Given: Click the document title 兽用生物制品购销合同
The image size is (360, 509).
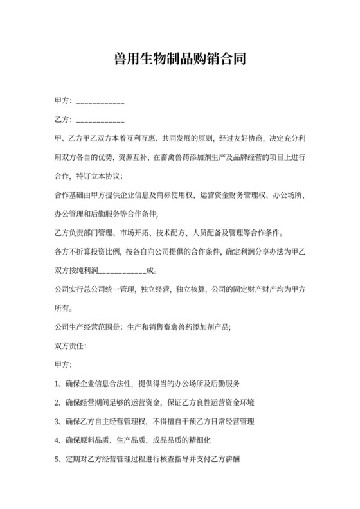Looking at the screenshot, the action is [179, 60].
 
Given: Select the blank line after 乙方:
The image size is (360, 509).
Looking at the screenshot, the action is [100, 121].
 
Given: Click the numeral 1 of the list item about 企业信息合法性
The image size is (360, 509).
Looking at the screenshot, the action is [59, 384].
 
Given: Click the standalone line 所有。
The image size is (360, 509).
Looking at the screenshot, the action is [65, 307].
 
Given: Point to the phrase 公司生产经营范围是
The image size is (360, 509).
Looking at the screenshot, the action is [91, 326].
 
